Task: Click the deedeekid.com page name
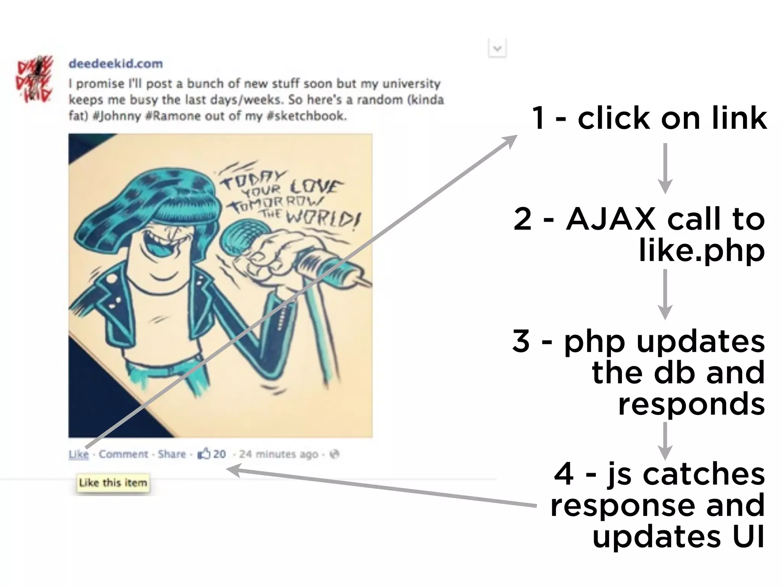115,63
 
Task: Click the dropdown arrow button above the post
497,49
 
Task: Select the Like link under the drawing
79,454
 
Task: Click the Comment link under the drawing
123,454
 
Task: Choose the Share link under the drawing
172,454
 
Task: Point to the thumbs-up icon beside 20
204,454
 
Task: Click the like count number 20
219,454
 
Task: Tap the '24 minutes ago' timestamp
278,454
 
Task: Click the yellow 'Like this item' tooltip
113,483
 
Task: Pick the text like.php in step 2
702,251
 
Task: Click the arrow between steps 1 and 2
665,168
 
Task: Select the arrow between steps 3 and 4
665,441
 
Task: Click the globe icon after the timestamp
334,454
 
